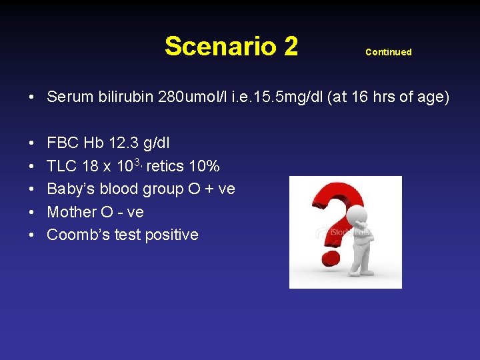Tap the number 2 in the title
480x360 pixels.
point(290,47)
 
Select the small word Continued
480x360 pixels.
point(388,52)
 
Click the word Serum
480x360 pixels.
point(69,97)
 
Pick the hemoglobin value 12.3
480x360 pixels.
point(124,143)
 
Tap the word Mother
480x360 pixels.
point(72,212)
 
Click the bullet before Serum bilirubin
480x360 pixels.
point(32,98)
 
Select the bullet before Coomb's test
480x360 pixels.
point(32,235)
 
